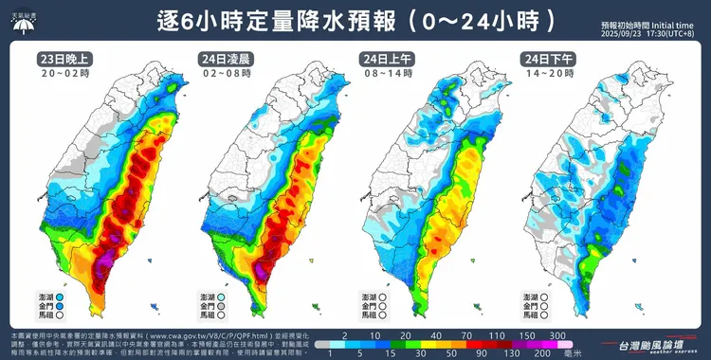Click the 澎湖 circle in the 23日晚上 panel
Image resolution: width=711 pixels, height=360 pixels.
[x=60, y=297]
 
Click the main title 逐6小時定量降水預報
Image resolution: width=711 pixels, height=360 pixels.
[x=265, y=20]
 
